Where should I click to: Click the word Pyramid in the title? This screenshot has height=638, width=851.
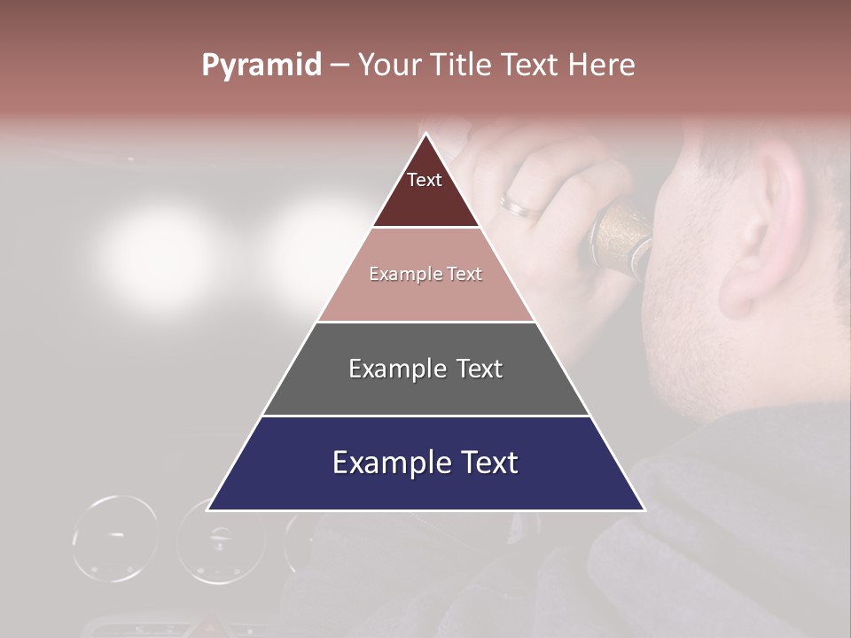(x=262, y=66)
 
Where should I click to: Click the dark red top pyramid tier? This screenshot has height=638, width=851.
(x=425, y=199)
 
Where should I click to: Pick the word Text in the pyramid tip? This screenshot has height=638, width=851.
(x=425, y=180)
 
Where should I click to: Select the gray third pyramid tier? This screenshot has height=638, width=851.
(x=425, y=390)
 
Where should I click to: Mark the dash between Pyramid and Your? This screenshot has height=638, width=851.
(x=340, y=66)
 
